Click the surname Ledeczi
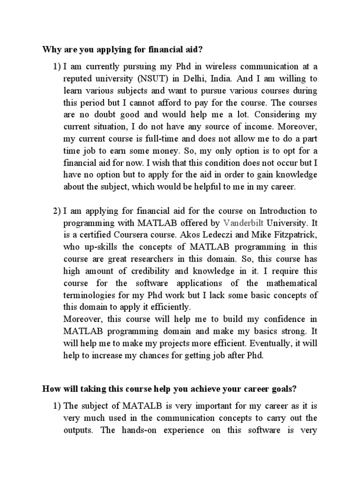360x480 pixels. [x=226, y=235]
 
